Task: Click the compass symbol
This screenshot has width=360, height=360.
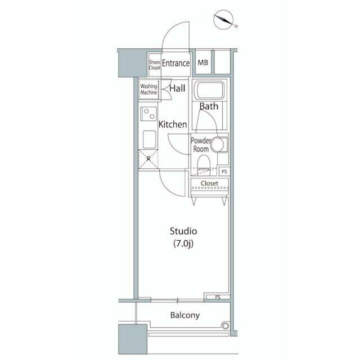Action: (x=224, y=19)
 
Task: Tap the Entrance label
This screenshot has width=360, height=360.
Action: (x=176, y=63)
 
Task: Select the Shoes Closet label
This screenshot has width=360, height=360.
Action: (x=155, y=65)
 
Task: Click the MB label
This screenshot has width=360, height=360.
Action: (x=202, y=62)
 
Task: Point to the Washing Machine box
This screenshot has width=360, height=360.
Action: (x=148, y=89)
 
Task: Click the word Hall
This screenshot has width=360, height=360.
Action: (x=177, y=88)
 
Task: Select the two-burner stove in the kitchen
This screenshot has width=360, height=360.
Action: (x=148, y=114)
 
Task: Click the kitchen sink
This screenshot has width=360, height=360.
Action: (x=149, y=139)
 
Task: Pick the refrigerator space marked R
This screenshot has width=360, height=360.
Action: (x=148, y=159)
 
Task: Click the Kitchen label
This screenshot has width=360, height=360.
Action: (x=173, y=124)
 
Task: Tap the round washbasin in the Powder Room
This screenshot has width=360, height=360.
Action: (x=217, y=145)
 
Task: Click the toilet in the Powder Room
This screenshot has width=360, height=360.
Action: (x=204, y=163)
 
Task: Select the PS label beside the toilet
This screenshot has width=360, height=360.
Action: (x=224, y=172)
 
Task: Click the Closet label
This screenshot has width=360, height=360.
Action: (x=209, y=183)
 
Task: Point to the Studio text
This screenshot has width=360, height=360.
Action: (x=183, y=231)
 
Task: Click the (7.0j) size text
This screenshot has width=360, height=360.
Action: (x=183, y=244)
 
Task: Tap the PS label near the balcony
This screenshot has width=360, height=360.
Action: (x=218, y=297)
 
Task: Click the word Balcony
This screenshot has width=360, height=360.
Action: (x=185, y=316)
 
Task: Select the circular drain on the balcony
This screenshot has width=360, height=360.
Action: (x=225, y=326)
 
